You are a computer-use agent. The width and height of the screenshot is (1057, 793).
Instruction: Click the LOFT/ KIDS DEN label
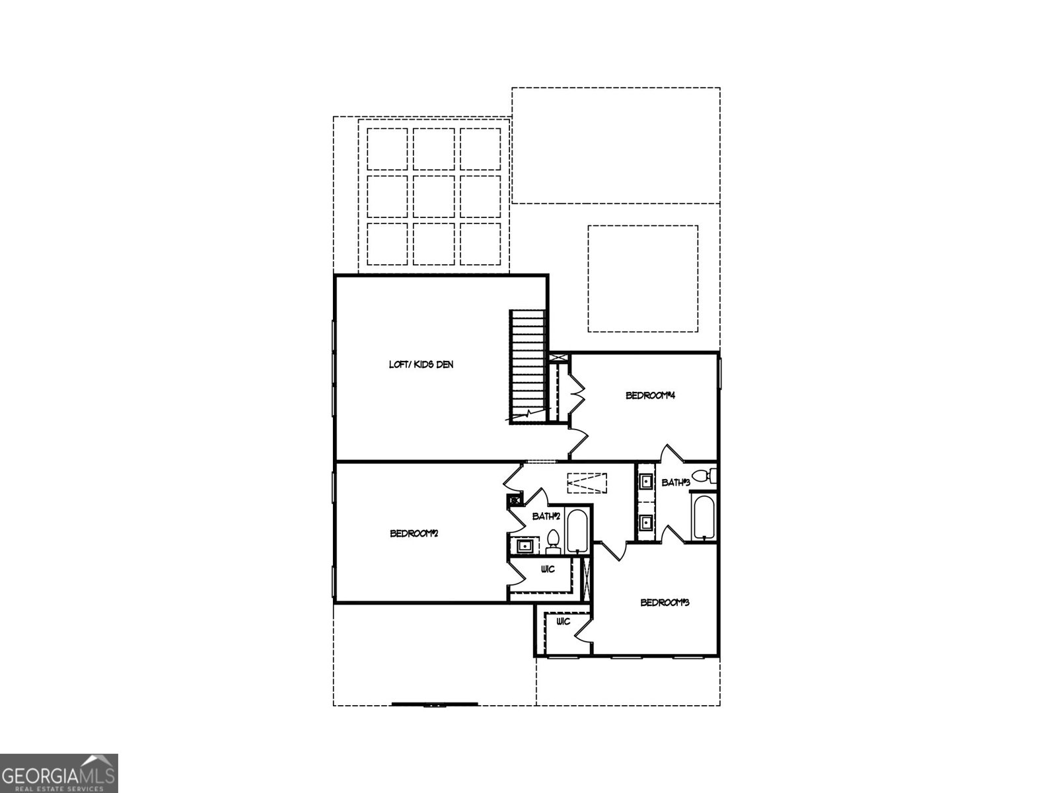(x=421, y=365)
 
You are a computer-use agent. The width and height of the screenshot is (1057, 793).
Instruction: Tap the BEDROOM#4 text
(x=650, y=395)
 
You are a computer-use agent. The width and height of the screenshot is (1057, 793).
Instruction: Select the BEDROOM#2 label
(x=414, y=533)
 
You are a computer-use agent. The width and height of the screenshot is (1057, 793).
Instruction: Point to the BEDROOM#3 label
(x=665, y=602)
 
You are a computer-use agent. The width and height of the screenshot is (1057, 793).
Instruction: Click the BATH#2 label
(x=546, y=516)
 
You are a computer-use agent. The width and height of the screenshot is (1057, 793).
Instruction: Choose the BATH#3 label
(x=676, y=482)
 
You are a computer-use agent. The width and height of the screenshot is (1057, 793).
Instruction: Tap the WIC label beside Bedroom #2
(x=548, y=569)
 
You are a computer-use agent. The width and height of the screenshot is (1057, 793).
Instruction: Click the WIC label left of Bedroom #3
(x=563, y=622)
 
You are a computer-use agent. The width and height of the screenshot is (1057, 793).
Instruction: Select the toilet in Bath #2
(x=554, y=542)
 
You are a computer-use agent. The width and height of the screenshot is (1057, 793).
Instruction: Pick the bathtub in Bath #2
(x=577, y=530)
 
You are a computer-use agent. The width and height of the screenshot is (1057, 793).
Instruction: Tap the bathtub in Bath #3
(x=704, y=515)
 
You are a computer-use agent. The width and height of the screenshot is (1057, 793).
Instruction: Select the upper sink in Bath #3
(x=645, y=480)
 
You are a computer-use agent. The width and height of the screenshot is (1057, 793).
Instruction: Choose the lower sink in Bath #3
(x=645, y=521)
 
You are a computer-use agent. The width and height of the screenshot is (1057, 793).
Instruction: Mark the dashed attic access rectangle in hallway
(x=587, y=483)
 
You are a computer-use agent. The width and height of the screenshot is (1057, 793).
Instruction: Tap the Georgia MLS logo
(x=59, y=773)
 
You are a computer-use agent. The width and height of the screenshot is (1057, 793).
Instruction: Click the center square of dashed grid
(x=433, y=196)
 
